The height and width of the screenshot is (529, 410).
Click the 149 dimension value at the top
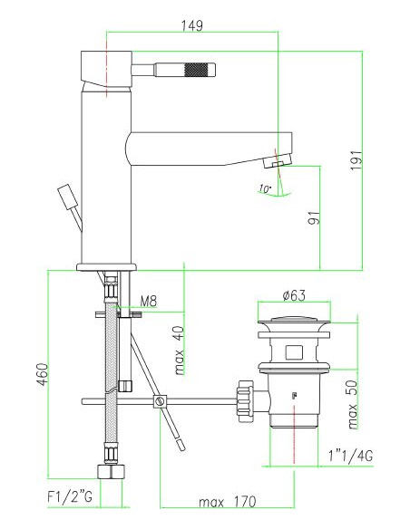tap(191, 25)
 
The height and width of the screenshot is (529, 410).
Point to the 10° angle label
tap(264, 189)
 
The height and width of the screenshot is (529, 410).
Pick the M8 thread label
tap(149, 302)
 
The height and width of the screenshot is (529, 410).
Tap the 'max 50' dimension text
tap(351, 403)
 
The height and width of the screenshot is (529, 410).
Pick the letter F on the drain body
tap(293, 395)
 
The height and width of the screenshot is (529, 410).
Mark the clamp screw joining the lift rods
tap(161, 400)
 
